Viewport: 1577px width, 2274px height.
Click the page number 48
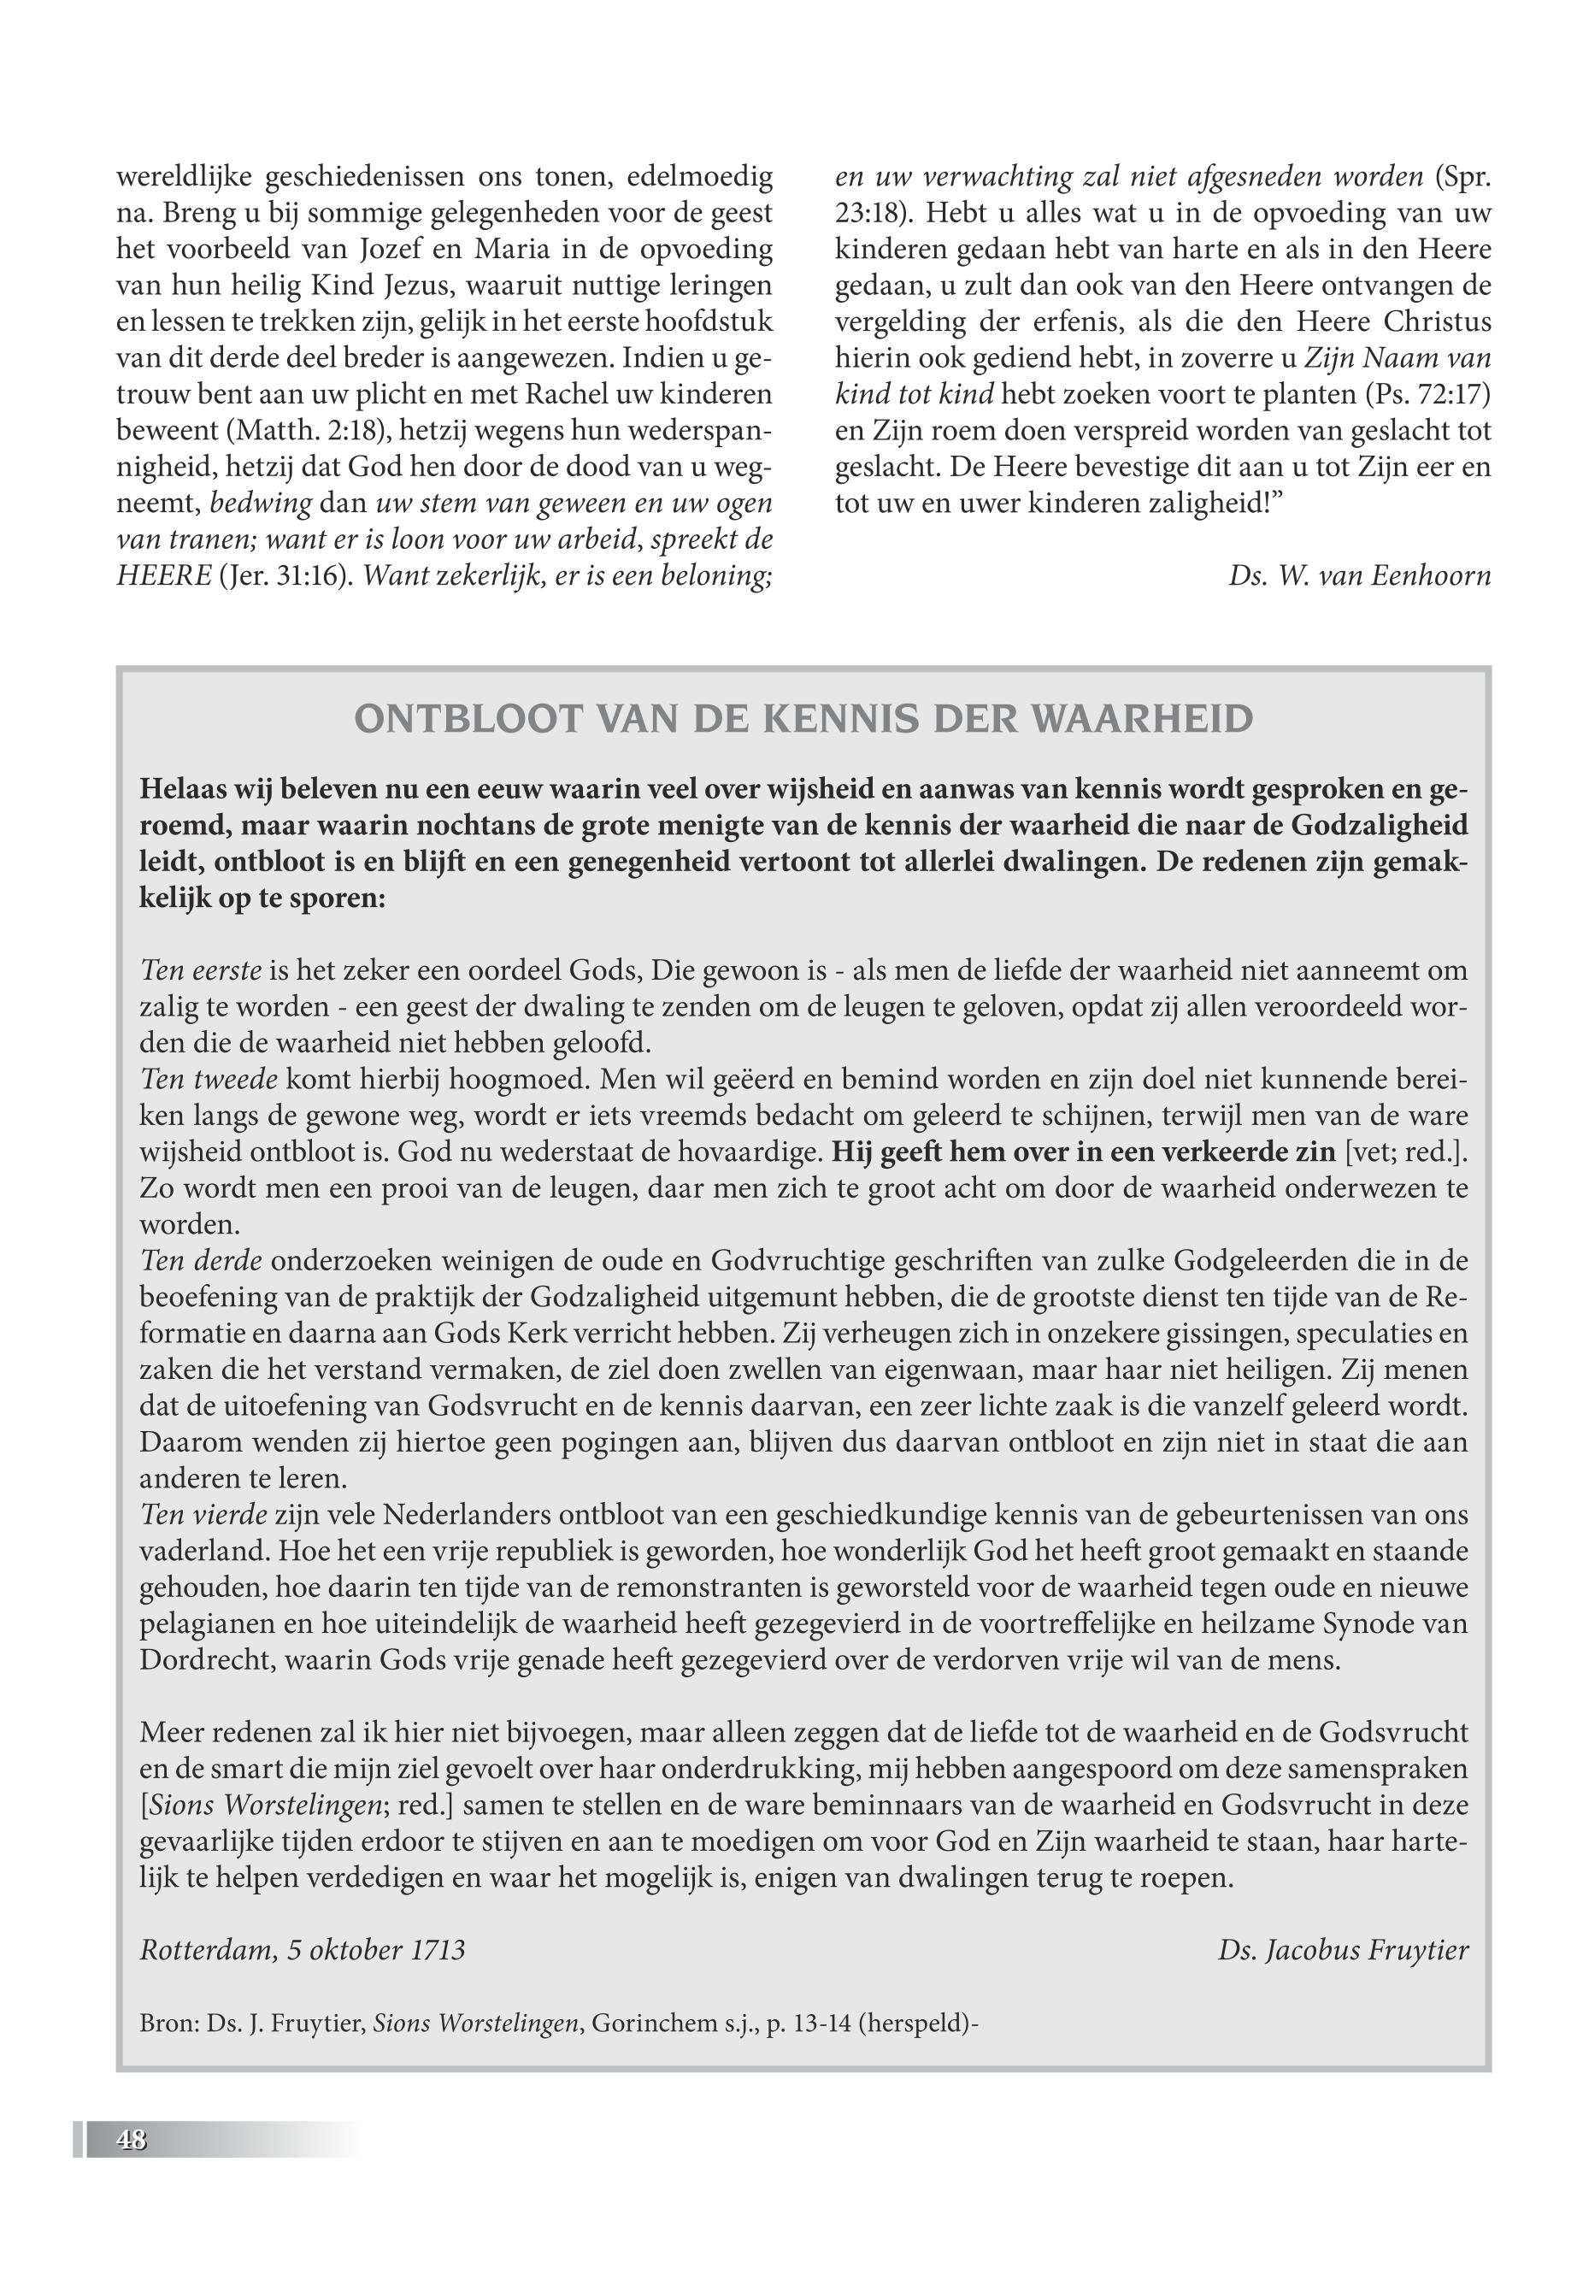(132, 2141)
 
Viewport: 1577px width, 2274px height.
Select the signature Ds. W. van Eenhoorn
(1360, 575)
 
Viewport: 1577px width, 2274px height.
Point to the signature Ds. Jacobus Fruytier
(1343, 1950)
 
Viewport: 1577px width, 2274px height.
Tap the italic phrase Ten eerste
(201, 970)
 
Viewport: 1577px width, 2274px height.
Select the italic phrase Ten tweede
(208, 1079)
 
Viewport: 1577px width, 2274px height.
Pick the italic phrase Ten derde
(201, 1261)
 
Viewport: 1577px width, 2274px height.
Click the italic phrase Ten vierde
(203, 1515)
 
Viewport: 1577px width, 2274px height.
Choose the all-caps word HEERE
(158, 576)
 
